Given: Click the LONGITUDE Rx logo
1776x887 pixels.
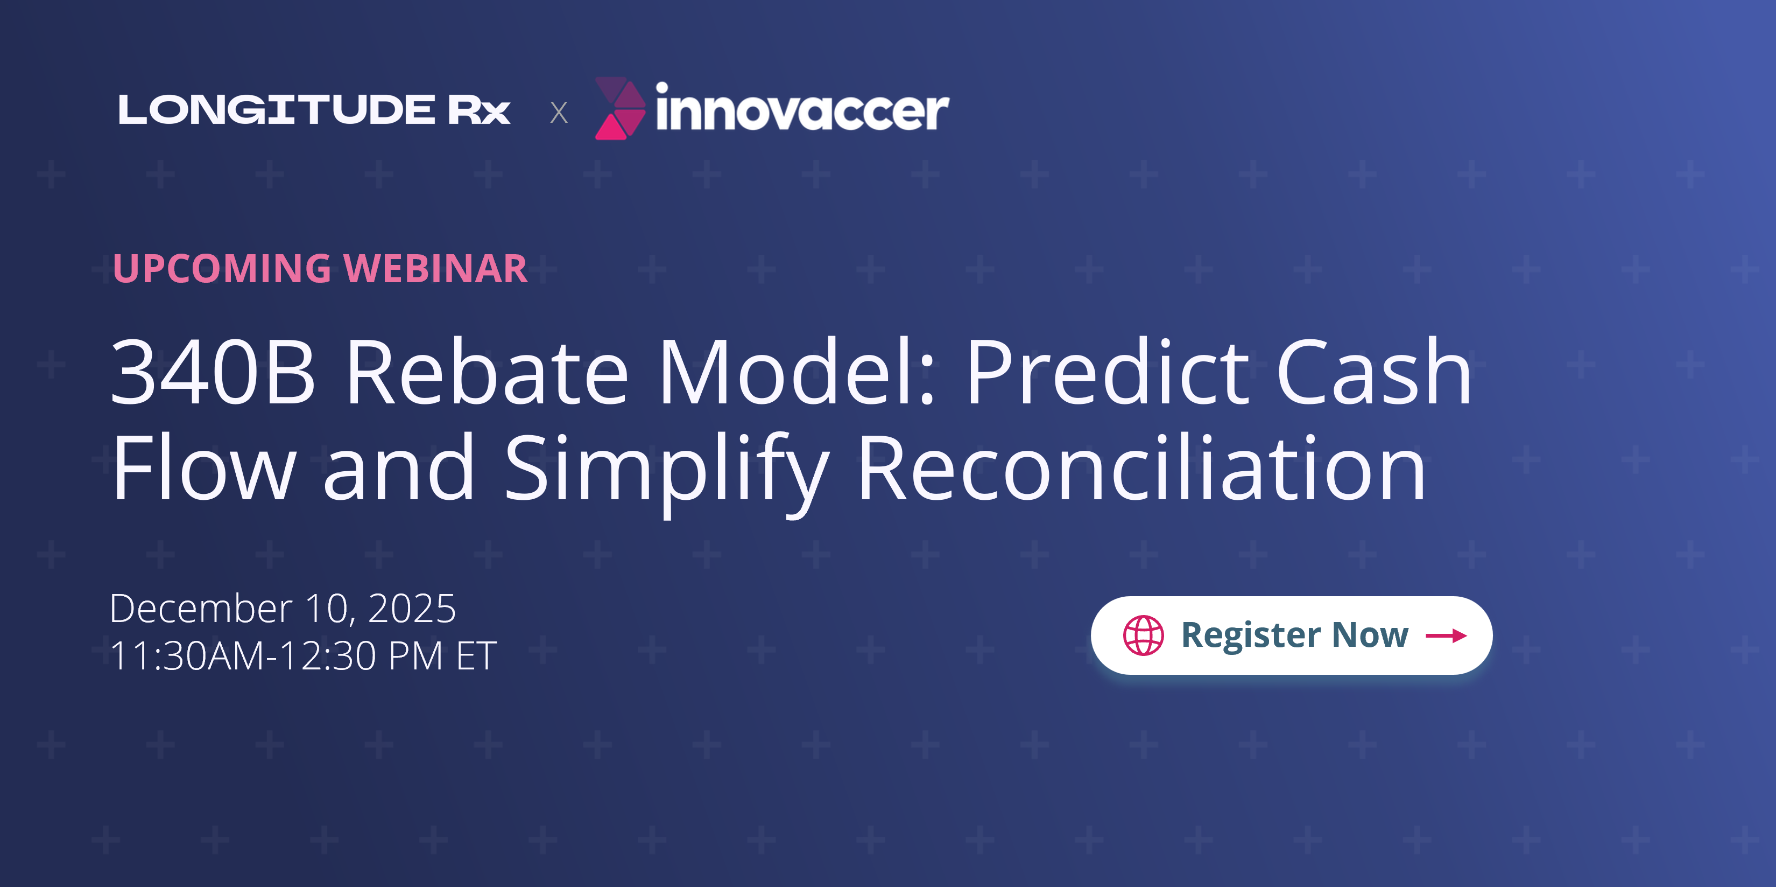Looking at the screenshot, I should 314,110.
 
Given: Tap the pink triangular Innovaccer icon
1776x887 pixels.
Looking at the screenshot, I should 618,109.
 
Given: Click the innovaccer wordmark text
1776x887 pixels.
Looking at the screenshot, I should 802,110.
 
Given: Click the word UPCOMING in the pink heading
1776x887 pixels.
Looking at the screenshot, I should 222,268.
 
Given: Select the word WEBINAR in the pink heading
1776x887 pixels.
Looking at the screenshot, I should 436,268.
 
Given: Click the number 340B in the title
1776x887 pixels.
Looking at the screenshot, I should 213,373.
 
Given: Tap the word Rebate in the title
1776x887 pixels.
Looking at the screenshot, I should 487,373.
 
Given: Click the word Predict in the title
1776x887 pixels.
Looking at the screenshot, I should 1107,373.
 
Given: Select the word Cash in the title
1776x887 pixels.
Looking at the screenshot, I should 1373,373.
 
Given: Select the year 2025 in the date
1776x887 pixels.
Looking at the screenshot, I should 412,609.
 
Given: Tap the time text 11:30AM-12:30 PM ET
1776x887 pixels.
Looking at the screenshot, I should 302,655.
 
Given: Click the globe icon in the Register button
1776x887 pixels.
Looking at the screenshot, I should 1143,635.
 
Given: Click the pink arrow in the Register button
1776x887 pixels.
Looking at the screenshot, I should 1446,635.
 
